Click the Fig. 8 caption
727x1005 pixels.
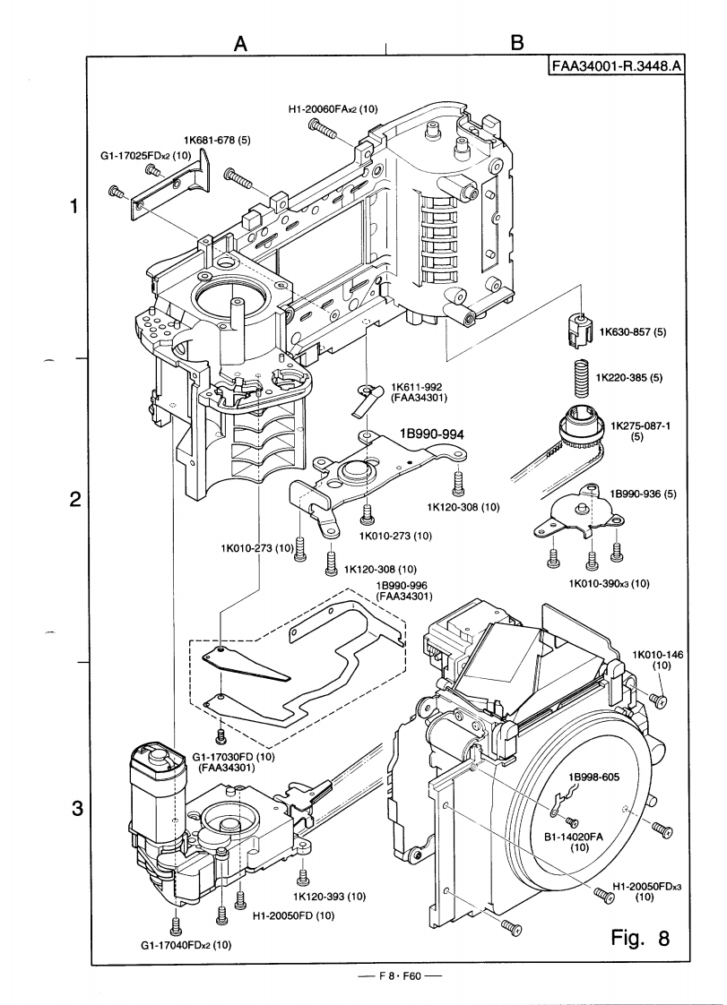coord(639,938)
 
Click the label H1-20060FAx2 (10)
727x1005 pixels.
coord(333,109)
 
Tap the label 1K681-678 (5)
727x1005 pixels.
coord(217,141)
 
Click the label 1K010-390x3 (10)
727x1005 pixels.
coord(609,583)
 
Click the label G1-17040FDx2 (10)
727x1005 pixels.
coord(186,945)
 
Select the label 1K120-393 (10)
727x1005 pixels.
coord(329,897)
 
